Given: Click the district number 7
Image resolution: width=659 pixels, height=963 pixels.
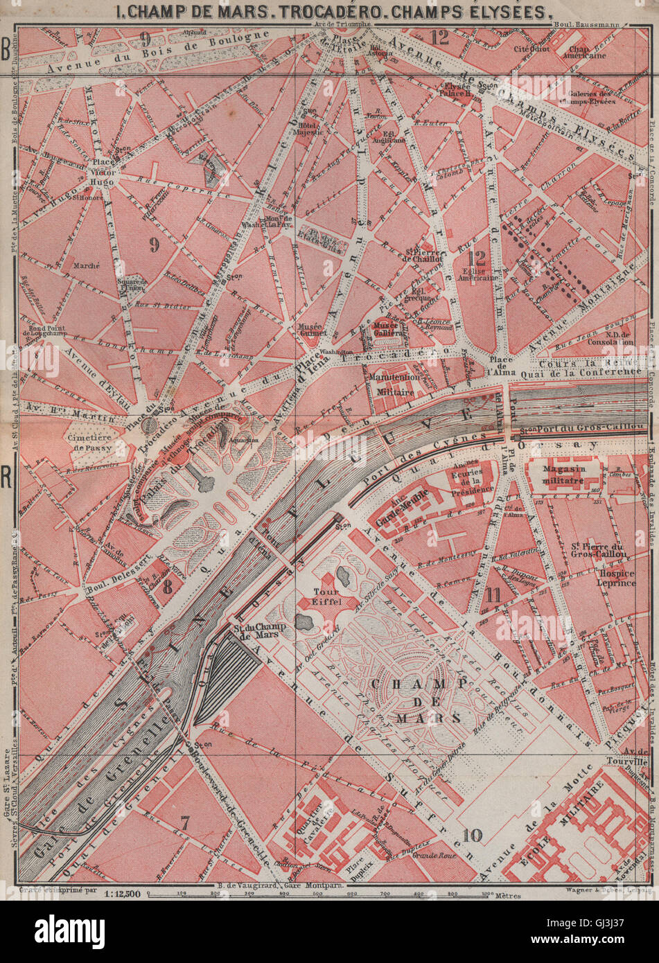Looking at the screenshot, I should (x=185, y=822).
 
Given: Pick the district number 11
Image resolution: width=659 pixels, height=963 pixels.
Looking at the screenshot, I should (x=493, y=593).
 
